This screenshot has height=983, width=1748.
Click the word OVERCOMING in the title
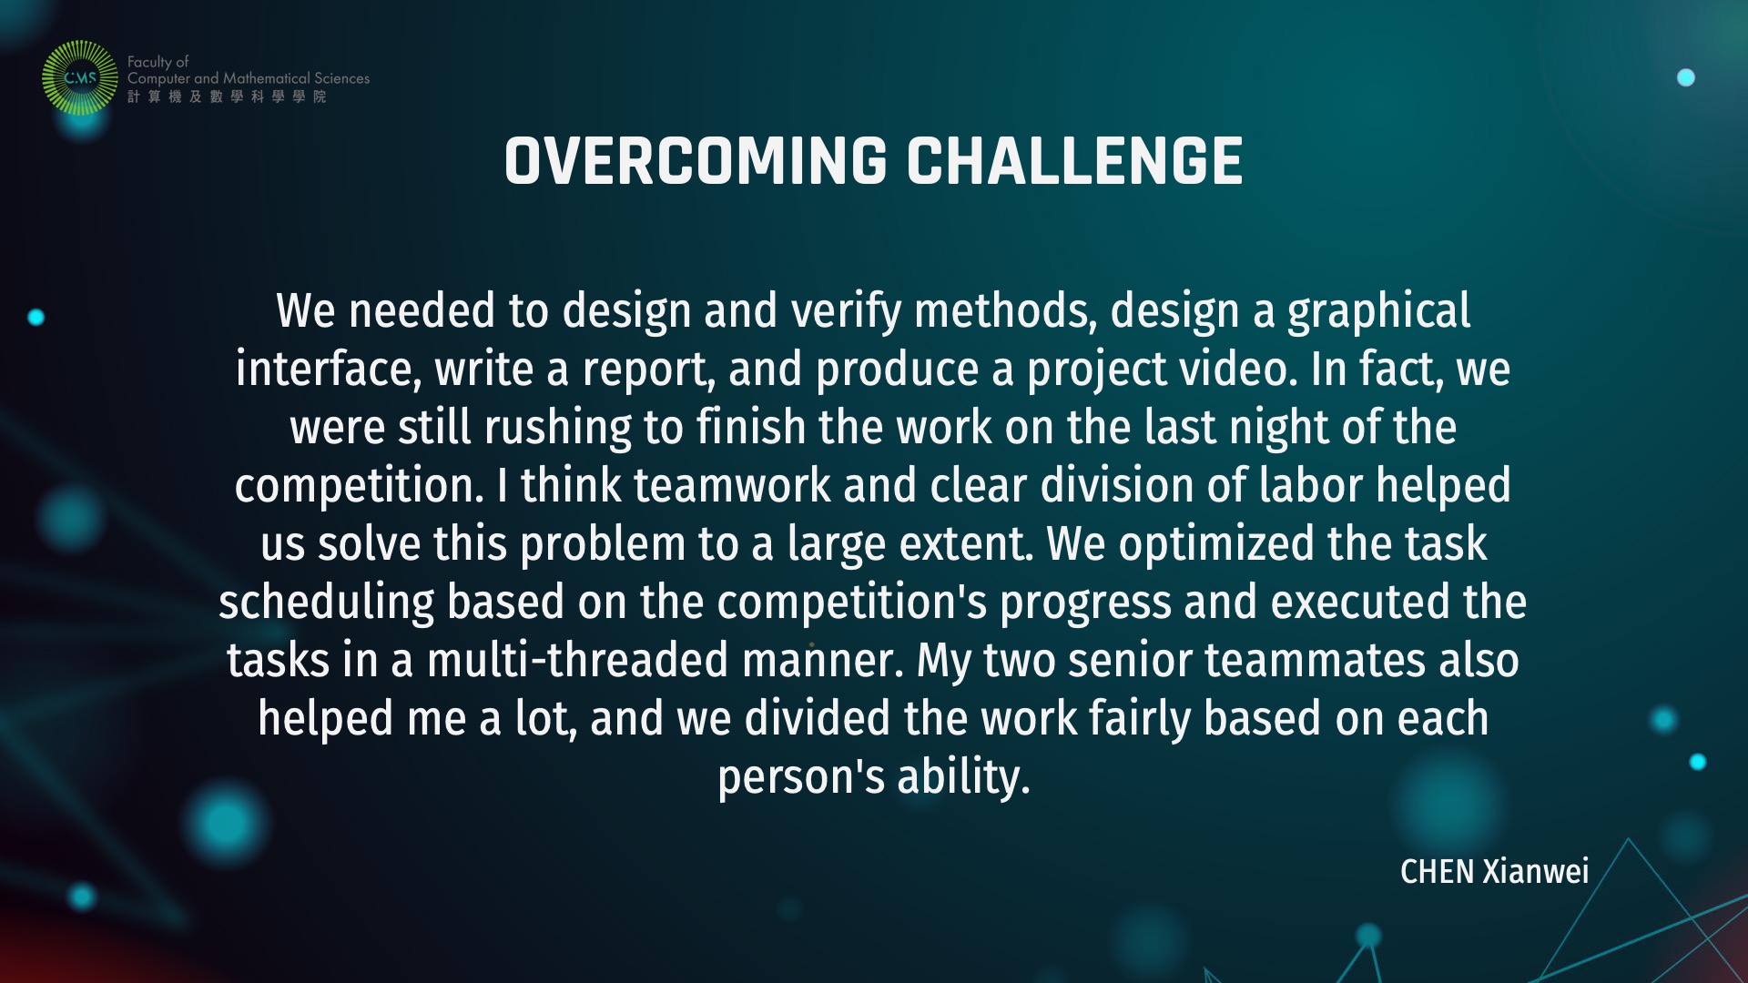coord(696,162)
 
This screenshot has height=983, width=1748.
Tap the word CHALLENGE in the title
coord(1075,162)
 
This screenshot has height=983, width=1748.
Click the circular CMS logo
coord(80,78)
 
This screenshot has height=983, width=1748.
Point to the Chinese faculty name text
coord(227,96)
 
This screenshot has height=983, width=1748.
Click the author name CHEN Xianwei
coord(1494,872)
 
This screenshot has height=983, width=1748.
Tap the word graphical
coord(1378,312)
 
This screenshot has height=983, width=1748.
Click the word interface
coord(329,370)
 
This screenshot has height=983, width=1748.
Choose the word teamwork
coord(732,486)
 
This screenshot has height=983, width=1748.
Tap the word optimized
coord(1216,545)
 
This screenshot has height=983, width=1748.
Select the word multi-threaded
coord(577,661)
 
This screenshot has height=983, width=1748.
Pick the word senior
coord(1130,661)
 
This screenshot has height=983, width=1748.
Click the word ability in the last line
coord(963,778)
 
